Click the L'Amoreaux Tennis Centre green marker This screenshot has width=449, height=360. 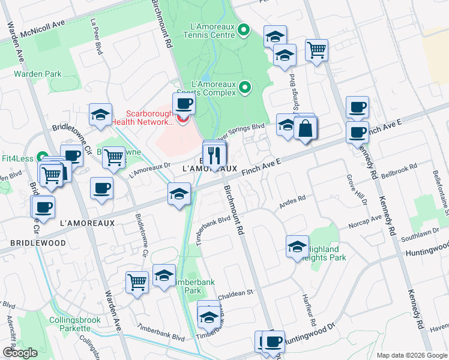tap(244, 29)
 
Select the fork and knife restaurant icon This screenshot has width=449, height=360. tap(214, 155)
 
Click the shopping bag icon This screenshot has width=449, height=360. tap(305, 128)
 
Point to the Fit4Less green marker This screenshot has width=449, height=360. tap(42, 156)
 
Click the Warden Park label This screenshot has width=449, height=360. tap(38, 74)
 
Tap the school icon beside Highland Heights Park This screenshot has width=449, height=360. tap(297, 247)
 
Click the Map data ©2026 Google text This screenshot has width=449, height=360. tap(411, 355)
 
